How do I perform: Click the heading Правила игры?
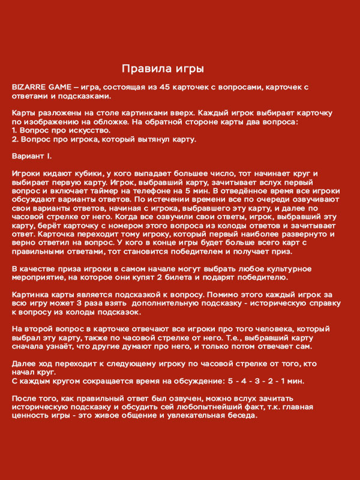(163, 68)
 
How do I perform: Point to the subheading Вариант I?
(32, 156)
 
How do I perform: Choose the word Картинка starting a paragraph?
(31, 295)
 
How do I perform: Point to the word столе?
(100, 113)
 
